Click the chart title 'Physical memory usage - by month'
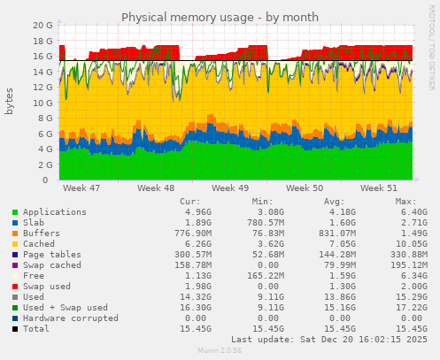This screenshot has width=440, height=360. point(219,17)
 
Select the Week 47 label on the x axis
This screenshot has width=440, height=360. point(82,188)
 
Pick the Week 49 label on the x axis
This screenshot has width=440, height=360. point(231,188)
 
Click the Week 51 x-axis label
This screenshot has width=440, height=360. point(380,188)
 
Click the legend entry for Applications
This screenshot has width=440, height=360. point(55,212)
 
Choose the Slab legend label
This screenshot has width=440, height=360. point(35,222)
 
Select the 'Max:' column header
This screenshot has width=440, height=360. point(405,202)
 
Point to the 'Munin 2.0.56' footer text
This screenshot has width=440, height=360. point(219,351)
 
